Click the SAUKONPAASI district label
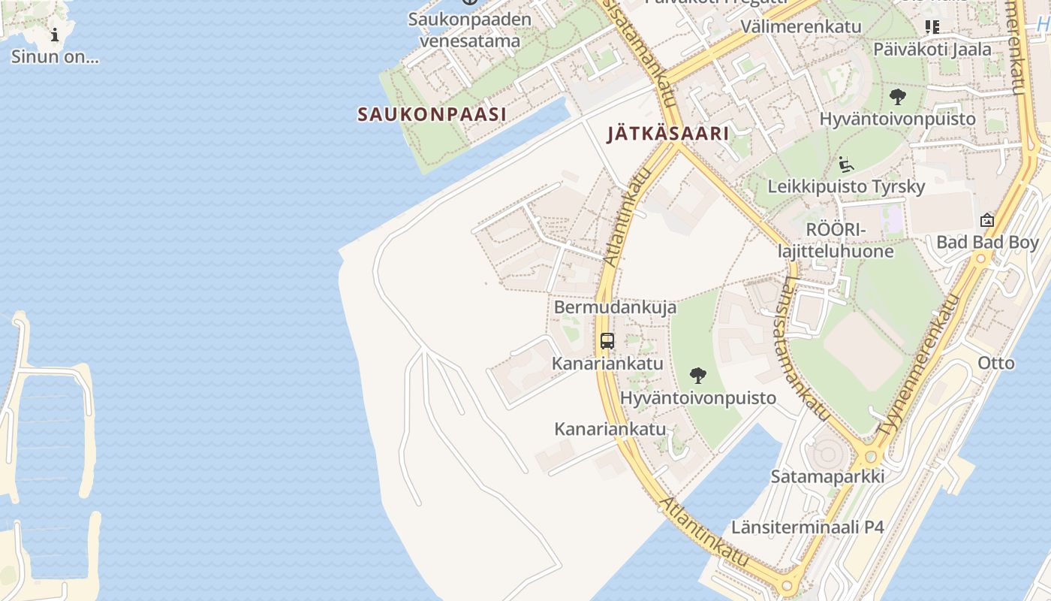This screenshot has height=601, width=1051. tap(432, 114)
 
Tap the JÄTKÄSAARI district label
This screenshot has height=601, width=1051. tap(668, 134)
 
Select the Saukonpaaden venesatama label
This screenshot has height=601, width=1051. tap(470, 30)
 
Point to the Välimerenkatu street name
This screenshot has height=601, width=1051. tap(800, 26)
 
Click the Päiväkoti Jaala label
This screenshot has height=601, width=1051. tap(932, 50)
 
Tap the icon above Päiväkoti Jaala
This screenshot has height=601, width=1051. tap(932, 28)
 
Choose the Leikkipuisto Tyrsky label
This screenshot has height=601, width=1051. tap(846, 186)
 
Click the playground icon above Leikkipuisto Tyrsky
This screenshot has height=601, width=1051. tap(846, 165)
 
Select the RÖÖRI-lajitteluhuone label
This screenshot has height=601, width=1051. tap(836, 240)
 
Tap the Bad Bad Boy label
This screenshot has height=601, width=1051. tap(987, 243)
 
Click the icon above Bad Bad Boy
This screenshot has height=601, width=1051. tap(987, 221)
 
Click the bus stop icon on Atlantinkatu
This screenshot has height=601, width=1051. tap(607, 341)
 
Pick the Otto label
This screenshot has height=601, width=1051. tap(996, 364)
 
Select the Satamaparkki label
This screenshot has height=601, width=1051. tap(827, 476)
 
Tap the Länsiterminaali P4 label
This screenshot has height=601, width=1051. tap(808, 527)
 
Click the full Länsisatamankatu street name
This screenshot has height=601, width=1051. tap(806, 347)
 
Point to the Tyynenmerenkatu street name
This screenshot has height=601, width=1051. tap(920, 366)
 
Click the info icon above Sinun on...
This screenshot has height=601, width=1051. tap(55, 35)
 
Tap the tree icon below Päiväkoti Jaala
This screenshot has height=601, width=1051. tap(897, 97)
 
